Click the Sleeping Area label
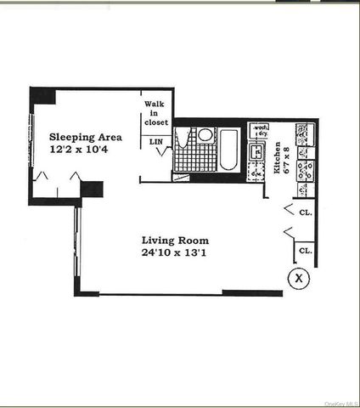pyautogui.click(x=85, y=137)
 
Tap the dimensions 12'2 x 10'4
pyautogui.click(x=85, y=150)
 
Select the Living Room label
pyautogui.click(x=175, y=241)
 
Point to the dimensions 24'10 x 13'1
pyautogui.click(x=175, y=253)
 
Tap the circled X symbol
pyautogui.click(x=297, y=275)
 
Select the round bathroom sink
pyautogui.click(x=205, y=136)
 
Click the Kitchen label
pyautogui.click(x=278, y=158)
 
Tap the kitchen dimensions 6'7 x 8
pyautogui.click(x=288, y=158)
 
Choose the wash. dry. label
pyautogui.click(x=259, y=132)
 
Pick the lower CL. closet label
pyautogui.click(x=306, y=252)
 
